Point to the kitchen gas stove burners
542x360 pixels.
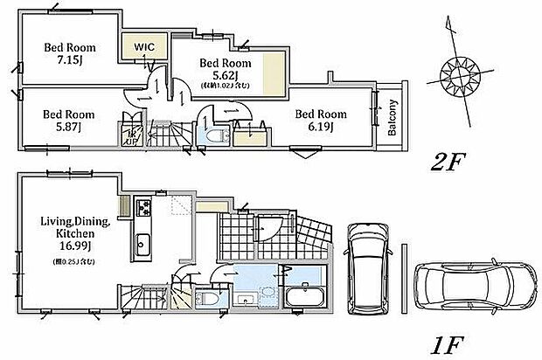point(142,208)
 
